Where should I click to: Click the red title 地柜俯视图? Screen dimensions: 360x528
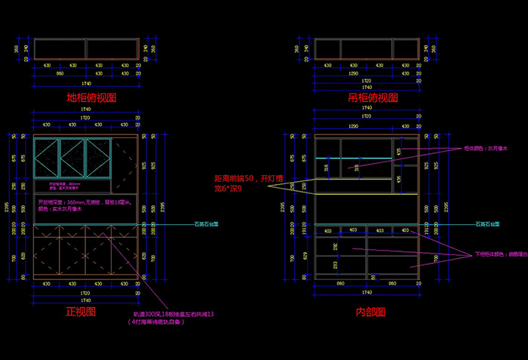[91, 98]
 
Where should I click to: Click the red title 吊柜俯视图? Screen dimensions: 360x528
[372, 98]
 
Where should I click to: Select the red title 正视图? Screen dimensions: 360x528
[81, 311]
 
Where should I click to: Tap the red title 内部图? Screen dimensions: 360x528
[371, 311]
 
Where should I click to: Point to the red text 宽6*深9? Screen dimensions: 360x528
[229, 189]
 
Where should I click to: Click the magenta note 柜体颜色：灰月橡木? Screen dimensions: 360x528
[485, 148]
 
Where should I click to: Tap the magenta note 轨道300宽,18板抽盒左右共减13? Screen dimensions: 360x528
[174, 313]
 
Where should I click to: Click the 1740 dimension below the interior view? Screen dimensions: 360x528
[367, 291]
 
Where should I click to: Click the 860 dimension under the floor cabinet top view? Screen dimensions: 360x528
[59, 73]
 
